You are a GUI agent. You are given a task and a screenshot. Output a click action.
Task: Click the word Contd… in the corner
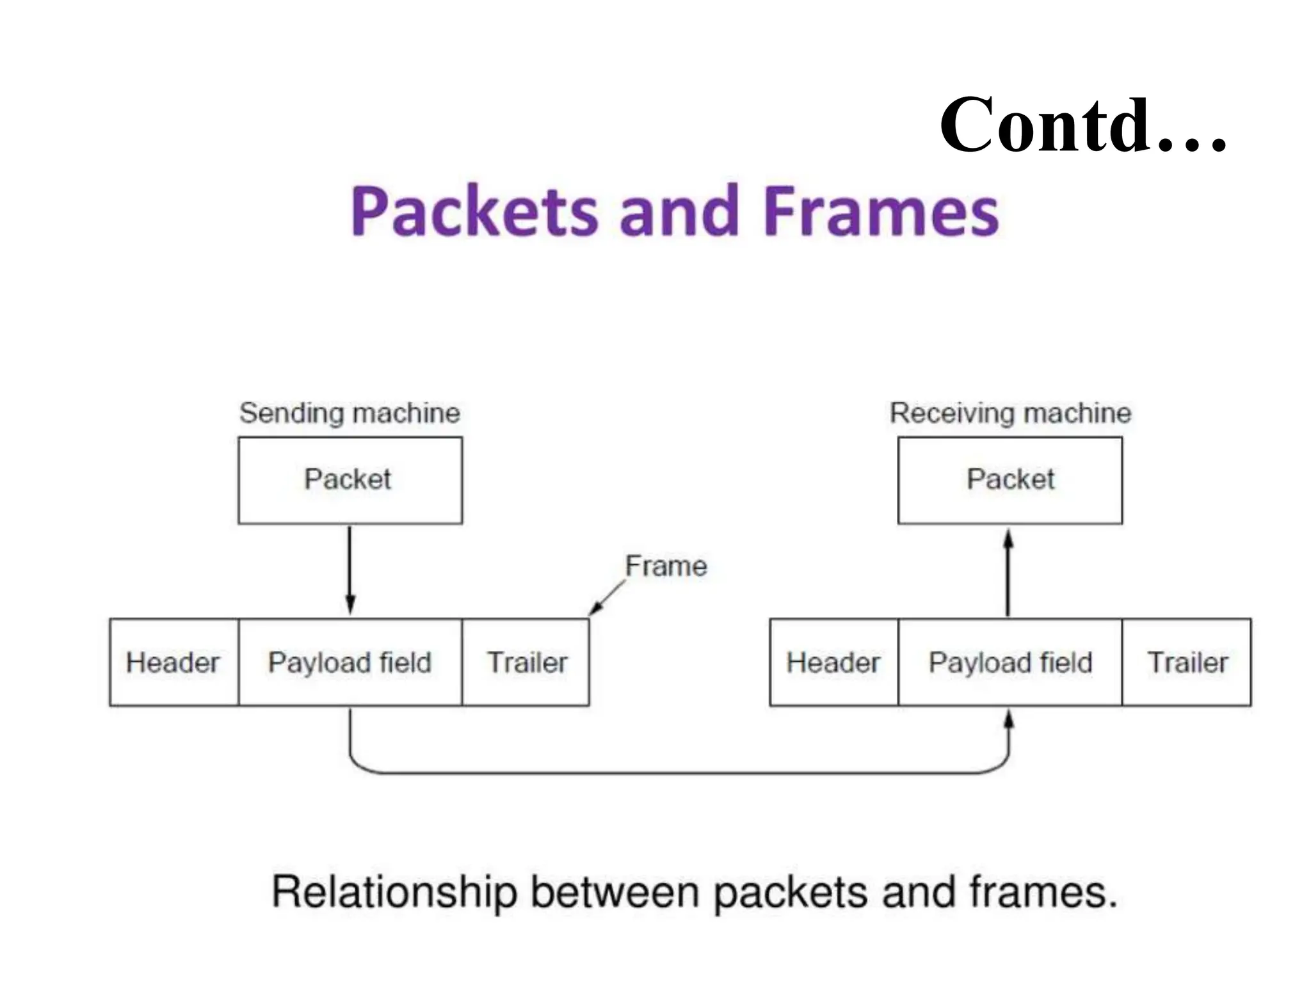point(1082,125)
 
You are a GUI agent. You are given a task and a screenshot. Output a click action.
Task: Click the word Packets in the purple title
point(474,211)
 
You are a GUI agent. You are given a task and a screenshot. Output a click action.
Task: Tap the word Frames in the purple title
point(881,211)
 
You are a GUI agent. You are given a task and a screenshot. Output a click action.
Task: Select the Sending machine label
point(350,413)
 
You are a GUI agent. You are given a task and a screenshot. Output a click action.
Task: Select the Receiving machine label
point(1010,413)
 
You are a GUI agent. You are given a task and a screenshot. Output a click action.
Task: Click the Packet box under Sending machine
point(350,480)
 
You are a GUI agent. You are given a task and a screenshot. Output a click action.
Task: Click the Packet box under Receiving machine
point(1010,480)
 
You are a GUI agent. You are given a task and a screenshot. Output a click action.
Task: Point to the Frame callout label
point(666,566)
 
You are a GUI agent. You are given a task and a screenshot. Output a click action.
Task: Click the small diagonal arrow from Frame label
point(606,598)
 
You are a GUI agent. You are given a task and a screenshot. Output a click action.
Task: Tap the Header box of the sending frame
point(173,662)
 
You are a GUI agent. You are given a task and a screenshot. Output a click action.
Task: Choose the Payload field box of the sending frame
point(350,662)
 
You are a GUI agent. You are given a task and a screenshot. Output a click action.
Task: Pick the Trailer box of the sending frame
point(526,662)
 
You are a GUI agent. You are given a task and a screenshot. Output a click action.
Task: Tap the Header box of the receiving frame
point(833,662)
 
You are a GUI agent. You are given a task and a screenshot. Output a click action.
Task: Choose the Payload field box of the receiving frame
point(1010,662)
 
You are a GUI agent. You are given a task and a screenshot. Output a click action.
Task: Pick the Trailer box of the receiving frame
point(1187,662)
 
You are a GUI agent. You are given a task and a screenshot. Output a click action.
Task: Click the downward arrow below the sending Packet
point(350,570)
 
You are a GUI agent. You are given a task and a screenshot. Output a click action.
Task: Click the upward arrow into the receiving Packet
point(1008,573)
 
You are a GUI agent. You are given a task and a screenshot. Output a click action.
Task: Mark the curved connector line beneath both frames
point(679,773)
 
